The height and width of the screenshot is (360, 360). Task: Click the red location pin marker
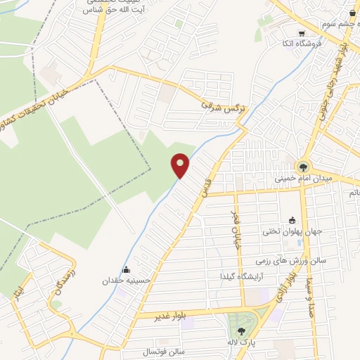point(181,165)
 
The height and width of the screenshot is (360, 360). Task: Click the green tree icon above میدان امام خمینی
point(303,167)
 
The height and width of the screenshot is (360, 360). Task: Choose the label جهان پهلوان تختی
point(292,231)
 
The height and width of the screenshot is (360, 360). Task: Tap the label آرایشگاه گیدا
point(242,275)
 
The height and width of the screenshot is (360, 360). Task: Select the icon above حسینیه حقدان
point(126,269)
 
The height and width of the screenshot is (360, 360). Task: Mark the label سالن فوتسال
point(163,351)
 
